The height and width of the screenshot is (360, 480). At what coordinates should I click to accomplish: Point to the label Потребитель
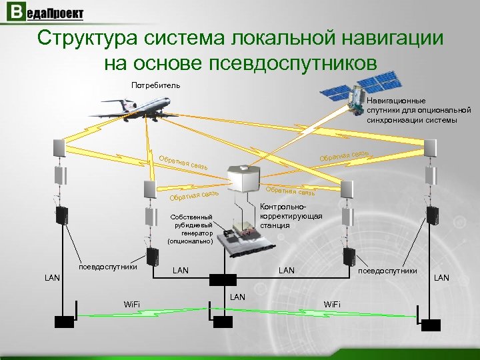click(155, 85)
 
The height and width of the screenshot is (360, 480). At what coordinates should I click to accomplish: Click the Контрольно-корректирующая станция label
click(291, 216)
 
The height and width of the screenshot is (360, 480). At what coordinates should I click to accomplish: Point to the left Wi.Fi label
click(132, 305)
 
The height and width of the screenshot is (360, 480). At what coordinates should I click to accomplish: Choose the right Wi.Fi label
click(331, 305)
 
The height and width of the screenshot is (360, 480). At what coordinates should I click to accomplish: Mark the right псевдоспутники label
click(388, 271)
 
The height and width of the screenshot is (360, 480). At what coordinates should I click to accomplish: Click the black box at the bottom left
click(64, 321)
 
